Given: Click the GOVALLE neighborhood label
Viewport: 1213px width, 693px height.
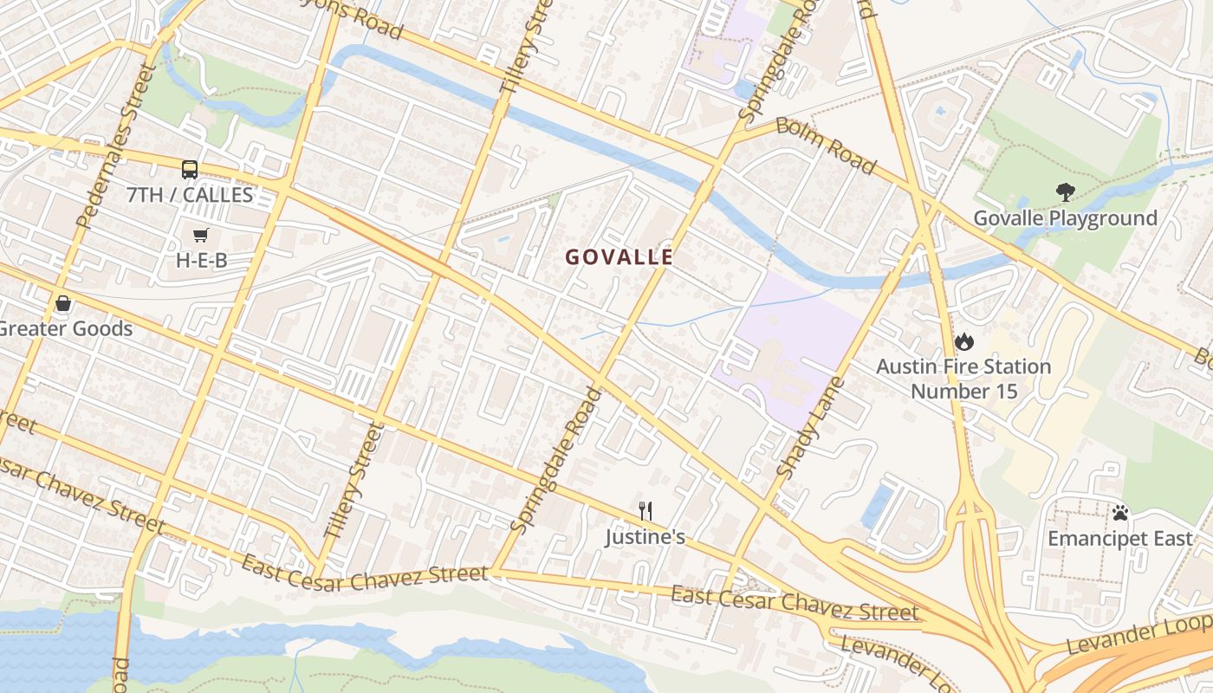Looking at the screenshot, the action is [x=619, y=257].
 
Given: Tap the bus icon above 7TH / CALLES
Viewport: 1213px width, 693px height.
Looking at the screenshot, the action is [x=190, y=169].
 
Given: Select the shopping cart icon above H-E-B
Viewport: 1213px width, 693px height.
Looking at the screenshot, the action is [x=201, y=235].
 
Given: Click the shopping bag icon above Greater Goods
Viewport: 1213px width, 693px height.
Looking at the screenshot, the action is [x=62, y=303].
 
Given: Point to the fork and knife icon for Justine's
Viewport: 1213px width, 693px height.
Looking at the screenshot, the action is [x=645, y=511].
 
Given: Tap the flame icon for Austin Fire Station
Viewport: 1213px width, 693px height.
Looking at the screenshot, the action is [x=963, y=341].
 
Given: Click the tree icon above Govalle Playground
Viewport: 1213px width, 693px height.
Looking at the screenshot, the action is [x=1065, y=192].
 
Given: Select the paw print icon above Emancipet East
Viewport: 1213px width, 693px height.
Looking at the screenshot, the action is [x=1120, y=513].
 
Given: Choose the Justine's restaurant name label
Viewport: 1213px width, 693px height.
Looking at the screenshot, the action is [x=645, y=537].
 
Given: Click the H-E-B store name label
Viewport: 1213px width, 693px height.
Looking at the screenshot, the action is [x=202, y=260].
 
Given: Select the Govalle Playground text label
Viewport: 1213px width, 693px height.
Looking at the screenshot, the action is [x=1065, y=218].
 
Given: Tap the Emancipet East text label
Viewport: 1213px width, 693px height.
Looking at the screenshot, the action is [x=1119, y=539].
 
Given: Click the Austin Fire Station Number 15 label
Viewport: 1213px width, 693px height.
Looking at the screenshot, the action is [x=963, y=379].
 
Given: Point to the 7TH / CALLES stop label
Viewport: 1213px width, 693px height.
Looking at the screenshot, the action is [x=190, y=195].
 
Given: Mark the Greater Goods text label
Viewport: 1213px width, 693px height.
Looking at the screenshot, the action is [x=66, y=329].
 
